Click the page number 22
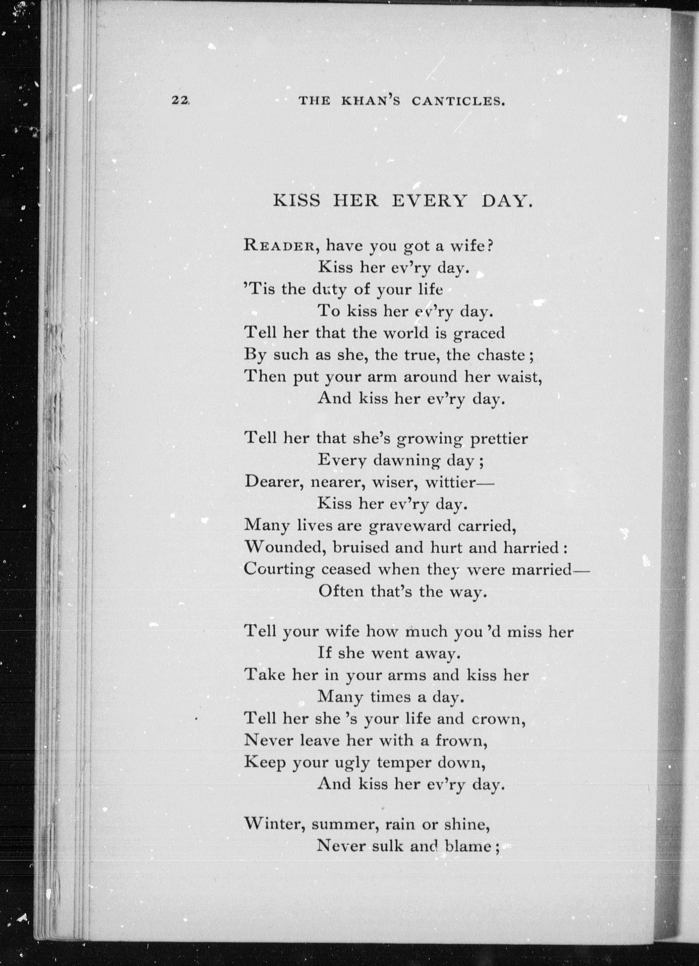click(180, 101)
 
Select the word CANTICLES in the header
click(458, 101)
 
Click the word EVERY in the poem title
click(429, 200)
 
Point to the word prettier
click(499, 439)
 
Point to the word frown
click(461, 741)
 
